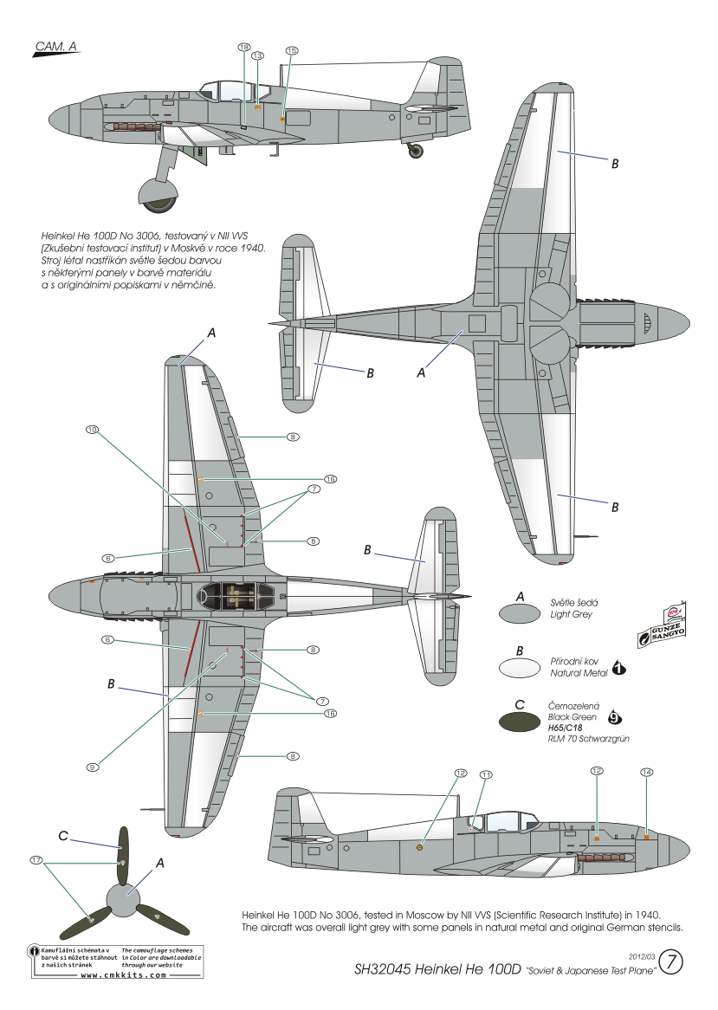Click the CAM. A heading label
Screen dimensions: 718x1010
(55, 47)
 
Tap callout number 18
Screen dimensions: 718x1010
(244, 47)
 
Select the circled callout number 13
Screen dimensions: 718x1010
(257, 56)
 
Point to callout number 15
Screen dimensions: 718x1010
(292, 50)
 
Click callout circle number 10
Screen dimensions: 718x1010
(93, 429)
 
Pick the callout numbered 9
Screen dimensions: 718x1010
(93, 767)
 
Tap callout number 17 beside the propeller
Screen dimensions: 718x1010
(36, 860)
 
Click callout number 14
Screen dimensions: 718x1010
(646, 772)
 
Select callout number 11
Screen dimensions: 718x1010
(486, 774)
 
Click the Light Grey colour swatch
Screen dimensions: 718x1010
(520, 613)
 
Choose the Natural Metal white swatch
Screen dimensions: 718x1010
(520, 668)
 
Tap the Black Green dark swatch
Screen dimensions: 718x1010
(520, 722)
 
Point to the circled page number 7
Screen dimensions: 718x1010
(671, 962)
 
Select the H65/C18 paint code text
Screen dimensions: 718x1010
(565, 728)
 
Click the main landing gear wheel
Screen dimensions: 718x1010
(158, 196)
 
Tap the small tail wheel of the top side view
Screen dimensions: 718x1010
(417, 152)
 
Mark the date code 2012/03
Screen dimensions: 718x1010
(642, 956)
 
